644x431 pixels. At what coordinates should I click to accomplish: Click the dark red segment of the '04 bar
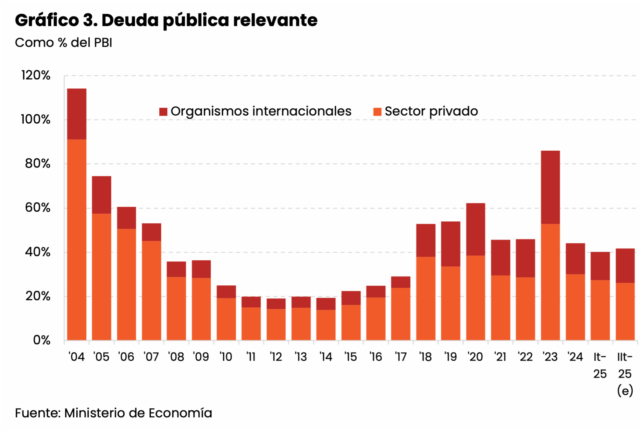click(77, 114)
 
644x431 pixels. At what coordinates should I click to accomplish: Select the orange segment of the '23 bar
click(550, 282)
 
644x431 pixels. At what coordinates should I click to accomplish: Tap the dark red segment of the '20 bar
click(475, 229)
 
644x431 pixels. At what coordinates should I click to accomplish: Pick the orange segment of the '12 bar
click(276, 324)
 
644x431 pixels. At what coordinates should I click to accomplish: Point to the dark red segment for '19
click(451, 244)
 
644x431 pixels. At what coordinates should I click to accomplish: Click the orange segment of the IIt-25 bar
click(625, 311)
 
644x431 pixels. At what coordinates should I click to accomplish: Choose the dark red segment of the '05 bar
click(101, 195)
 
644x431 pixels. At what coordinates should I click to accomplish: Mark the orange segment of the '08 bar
click(176, 308)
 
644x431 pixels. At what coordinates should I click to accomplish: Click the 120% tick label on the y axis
click(36, 75)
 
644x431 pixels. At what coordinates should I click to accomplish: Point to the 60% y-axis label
click(38, 208)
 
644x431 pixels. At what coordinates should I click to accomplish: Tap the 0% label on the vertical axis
click(42, 340)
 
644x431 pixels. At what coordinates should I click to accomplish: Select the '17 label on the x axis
click(401, 357)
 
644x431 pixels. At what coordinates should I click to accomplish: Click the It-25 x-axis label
click(600, 365)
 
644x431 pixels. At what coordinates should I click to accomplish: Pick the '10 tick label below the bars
click(226, 357)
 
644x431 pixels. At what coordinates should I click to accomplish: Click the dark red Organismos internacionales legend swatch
click(163, 111)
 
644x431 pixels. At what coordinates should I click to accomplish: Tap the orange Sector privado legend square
click(377, 111)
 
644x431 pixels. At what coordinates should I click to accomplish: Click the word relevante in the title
click(275, 20)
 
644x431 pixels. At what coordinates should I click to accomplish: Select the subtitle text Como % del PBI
click(63, 43)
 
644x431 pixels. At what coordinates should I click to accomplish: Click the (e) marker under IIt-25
click(625, 391)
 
